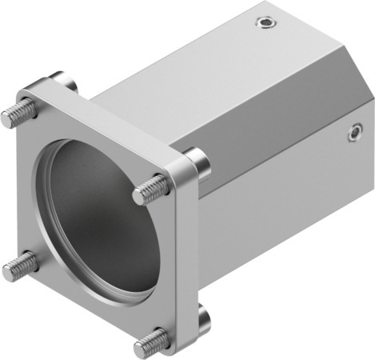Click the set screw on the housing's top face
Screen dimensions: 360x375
click(265, 24)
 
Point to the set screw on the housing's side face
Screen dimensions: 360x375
click(353, 135)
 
